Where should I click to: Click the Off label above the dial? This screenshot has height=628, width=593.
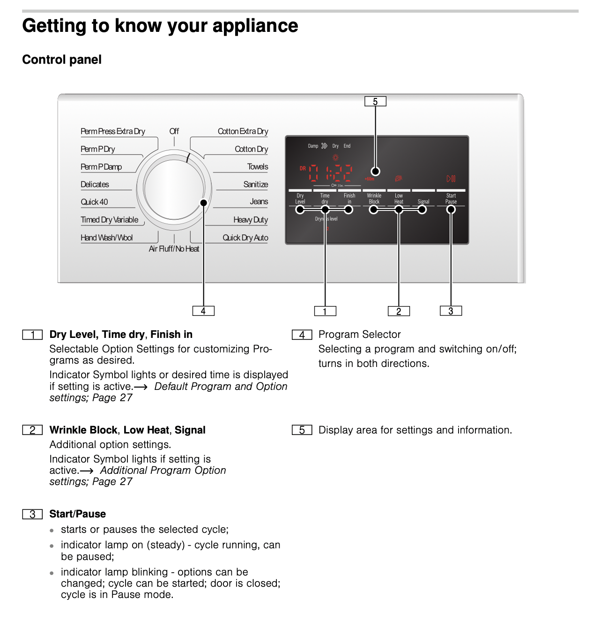point(174,131)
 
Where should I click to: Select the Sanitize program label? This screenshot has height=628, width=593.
point(255,185)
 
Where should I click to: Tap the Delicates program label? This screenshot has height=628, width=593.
point(95,185)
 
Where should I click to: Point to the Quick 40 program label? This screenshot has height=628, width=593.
point(94,202)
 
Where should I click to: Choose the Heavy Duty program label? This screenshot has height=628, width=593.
point(251,220)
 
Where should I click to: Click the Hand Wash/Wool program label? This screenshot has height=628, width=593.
point(107,238)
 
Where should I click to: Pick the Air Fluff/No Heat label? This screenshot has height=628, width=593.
point(174,249)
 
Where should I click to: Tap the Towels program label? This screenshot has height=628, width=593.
point(258,167)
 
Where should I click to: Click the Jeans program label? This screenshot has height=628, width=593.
point(259,202)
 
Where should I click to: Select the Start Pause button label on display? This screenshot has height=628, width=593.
point(451,199)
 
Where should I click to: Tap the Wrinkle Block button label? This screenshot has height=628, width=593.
point(374,199)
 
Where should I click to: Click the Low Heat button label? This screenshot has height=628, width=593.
point(399,199)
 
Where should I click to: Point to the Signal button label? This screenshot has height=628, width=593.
point(423,202)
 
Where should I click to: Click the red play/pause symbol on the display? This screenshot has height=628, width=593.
point(451,179)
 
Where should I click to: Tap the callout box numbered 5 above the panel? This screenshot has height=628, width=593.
point(375,102)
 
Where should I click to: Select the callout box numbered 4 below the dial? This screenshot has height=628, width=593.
point(203,311)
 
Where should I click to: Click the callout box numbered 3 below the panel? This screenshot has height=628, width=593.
point(451,311)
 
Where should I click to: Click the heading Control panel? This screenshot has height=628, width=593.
point(62,60)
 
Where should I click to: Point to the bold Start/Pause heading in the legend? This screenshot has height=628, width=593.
point(78,514)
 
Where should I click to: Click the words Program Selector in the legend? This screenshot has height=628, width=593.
point(359,335)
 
